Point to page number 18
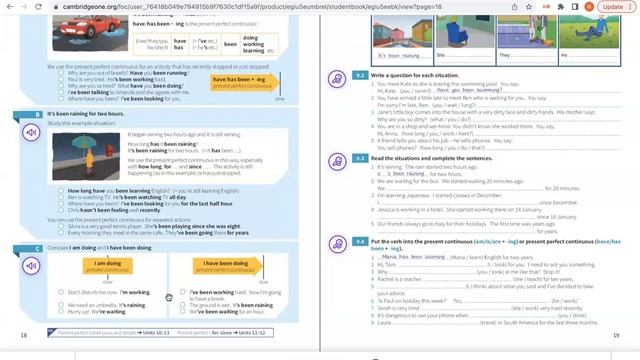tap(24, 335)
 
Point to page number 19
tap(616, 335)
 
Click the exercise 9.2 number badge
tap(361, 75)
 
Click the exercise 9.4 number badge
tap(361, 242)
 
